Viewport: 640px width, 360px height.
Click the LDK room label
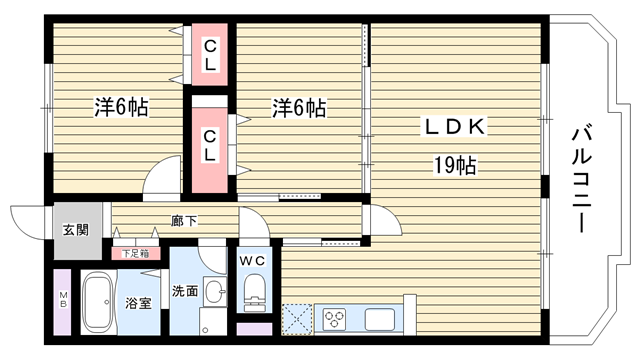pyautogui.click(x=455, y=127)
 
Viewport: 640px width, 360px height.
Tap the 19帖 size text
pyautogui.click(x=455, y=166)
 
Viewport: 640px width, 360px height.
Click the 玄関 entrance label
pyautogui.click(x=76, y=230)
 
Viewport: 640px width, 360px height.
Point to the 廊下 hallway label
pyautogui.click(x=184, y=221)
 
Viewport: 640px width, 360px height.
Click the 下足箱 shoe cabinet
pyautogui.click(x=136, y=253)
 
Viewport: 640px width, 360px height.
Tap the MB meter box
pyautogui.click(x=62, y=302)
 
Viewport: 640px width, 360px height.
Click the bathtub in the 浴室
pyautogui.click(x=97, y=302)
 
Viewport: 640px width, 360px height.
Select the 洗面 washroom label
pyautogui.click(x=185, y=291)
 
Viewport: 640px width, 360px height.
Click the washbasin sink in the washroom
pyautogui.click(x=215, y=291)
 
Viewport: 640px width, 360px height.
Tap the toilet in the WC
pyautogui.click(x=255, y=292)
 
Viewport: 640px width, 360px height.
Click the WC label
pyautogui.click(x=253, y=260)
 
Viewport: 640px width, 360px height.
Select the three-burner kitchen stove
pyautogui.click(x=335, y=319)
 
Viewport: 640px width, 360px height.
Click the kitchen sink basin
pyautogui.click(x=380, y=319)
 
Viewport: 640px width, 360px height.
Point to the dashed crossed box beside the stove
pyautogui.click(x=297, y=319)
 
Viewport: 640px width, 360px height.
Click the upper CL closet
pyautogui.click(x=210, y=55)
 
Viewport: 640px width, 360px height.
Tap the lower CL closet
pyautogui.click(x=210, y=150)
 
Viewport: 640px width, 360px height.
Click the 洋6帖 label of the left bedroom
pyautogui.click(x=121, y=107)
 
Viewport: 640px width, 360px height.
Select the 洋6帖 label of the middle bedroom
pyautogui.click(x=299, y=108)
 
